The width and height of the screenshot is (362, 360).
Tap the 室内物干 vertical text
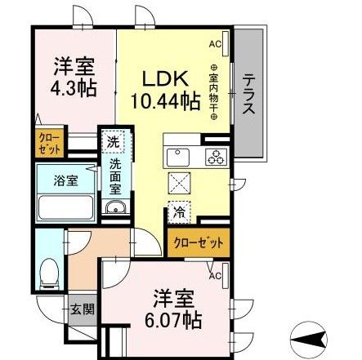point(215,93)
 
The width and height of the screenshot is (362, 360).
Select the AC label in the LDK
point(215,44)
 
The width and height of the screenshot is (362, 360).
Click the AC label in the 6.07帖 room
point(215,275)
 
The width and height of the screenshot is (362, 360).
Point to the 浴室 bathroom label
point(65,180)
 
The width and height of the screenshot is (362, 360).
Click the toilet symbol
point(48,267)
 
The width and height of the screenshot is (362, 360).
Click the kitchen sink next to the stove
point(179,156)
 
